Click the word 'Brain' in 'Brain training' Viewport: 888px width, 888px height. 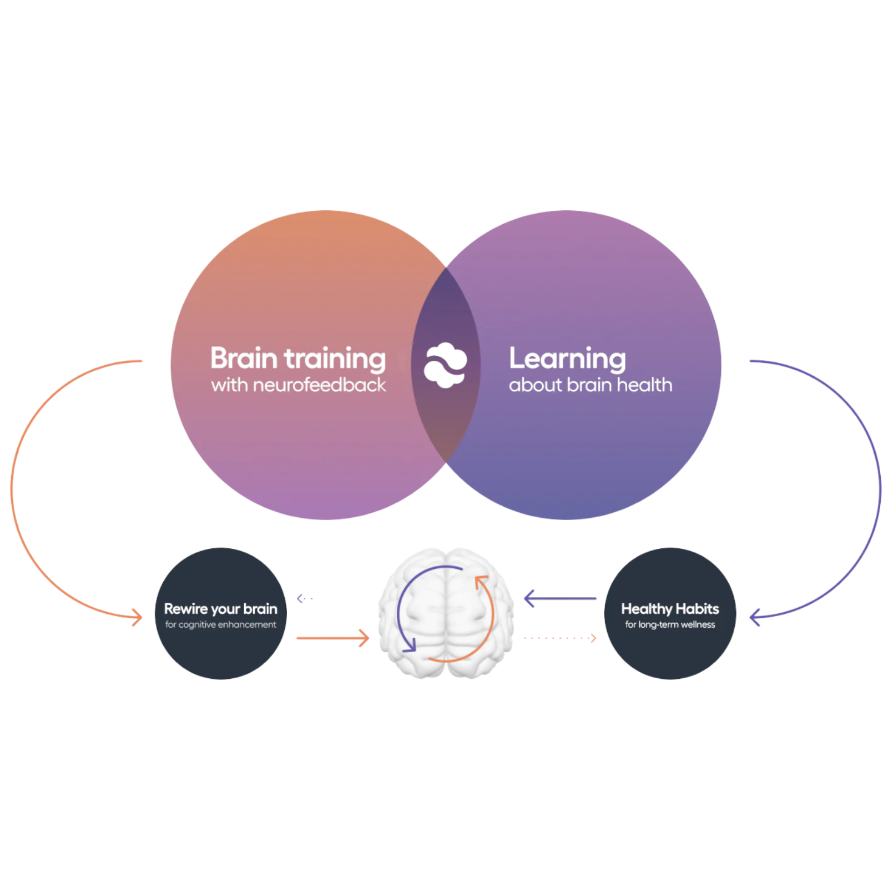(x=244, y=359)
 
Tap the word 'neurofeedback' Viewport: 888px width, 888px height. (x=319, y=385)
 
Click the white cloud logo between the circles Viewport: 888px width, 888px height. (x=445, y=365)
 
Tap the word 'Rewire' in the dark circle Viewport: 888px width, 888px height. (x=186, y=609)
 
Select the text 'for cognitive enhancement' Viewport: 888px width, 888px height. (x=220, y=625)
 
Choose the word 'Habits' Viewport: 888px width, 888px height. (x=698, y=609)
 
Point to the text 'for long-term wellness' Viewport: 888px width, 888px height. (x=670, y=625)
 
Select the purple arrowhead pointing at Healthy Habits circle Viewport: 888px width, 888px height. (x=755, y=617)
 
